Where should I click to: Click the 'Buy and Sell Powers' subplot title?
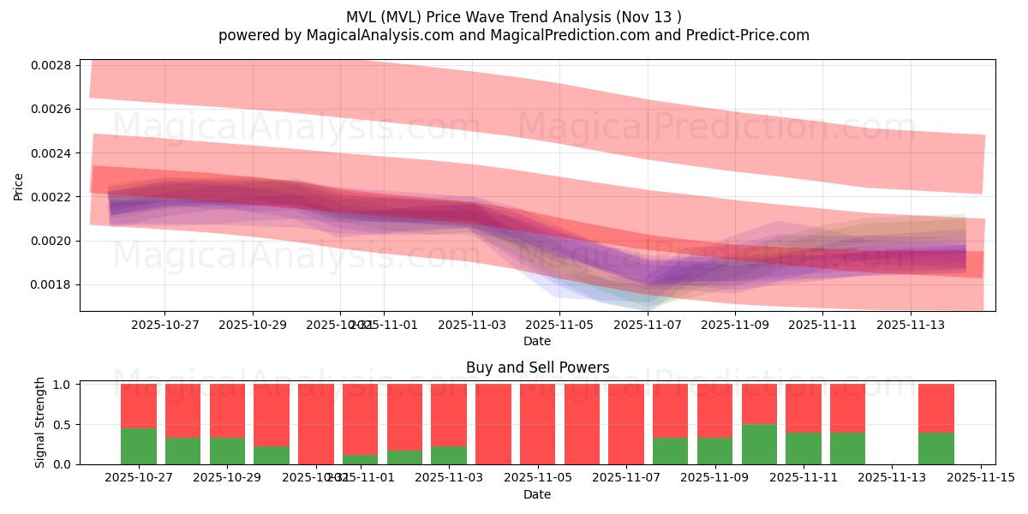[x=537, y=368]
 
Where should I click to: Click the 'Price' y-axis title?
[x=19, y=186]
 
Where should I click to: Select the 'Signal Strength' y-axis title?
[x=40, y=422]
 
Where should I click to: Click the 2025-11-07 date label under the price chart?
[x=648, y=326]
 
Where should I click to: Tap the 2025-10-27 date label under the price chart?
[x=164, y=326]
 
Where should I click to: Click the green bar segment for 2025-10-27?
[x=139, y=446]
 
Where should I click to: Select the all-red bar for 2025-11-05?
[x=538, y=424]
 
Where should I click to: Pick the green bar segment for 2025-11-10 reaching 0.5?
[x=759, y=444]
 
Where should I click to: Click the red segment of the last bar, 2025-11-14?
[x=936, y=408]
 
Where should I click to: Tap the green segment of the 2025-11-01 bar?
[x=361, y=459]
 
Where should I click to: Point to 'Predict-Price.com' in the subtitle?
[x=751, y=35]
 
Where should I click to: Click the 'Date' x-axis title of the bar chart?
[x=537, y=494]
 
